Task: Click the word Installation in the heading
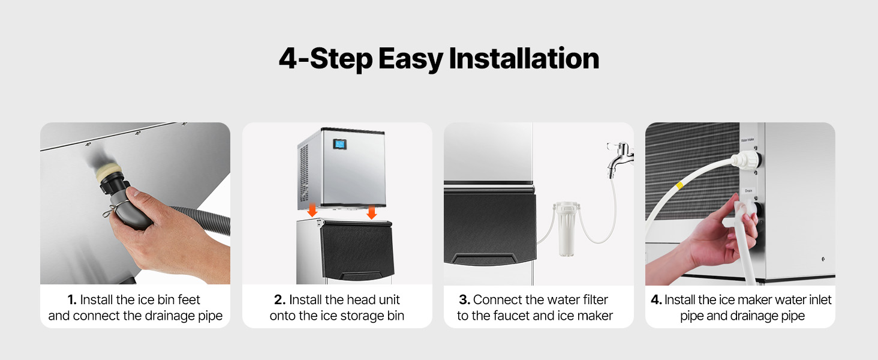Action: [524, 58]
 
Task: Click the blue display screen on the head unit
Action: [339, 145]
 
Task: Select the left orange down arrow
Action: [312, 209]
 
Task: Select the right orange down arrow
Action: [372, 212]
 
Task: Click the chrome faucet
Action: [620, 158]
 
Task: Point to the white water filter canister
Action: [566, 229]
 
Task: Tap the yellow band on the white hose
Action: [679, 184]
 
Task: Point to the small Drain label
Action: [748, 191]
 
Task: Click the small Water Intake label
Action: [747, 140]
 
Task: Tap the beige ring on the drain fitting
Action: [109, 172]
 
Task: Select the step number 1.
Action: [72, 299]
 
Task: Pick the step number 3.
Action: [464, 299]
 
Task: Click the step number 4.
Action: [656, 299]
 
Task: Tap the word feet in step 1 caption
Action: [189, 299]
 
